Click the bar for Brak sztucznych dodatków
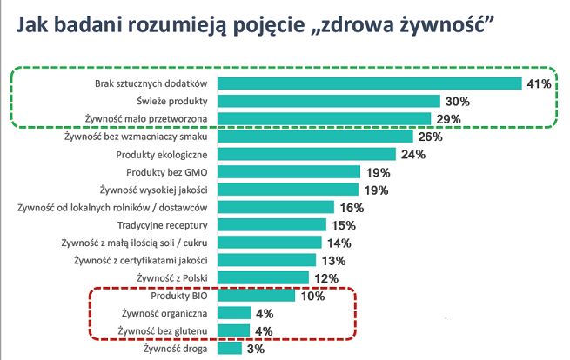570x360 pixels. pos(369,83)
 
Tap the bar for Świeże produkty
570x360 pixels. pos(327,101)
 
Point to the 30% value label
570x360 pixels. pos(456,101)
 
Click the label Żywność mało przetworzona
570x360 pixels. pos(147,119)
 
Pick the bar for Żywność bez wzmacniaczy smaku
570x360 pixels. pos(315,137)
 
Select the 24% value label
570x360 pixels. pos(412,155)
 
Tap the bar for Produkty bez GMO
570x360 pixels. pos(288,172)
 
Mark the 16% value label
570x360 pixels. pos(350,207)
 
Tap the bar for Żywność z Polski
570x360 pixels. pos(263,277)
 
